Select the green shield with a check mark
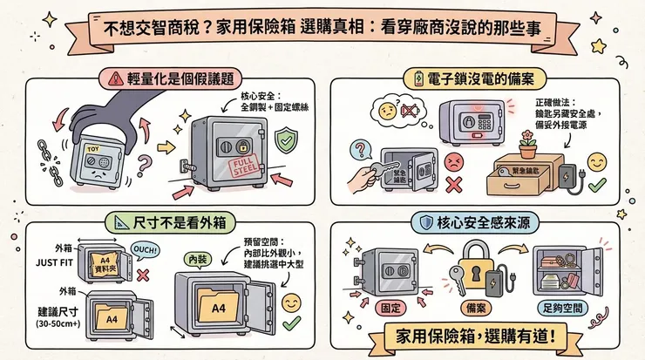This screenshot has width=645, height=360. (x=286, y=141)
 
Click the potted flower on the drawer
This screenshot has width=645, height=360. (x=527, y=143)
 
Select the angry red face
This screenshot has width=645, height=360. (x=452, y=162)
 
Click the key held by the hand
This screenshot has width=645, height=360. (x=383, y=174)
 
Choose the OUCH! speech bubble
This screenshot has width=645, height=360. (x=145, y=251)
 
